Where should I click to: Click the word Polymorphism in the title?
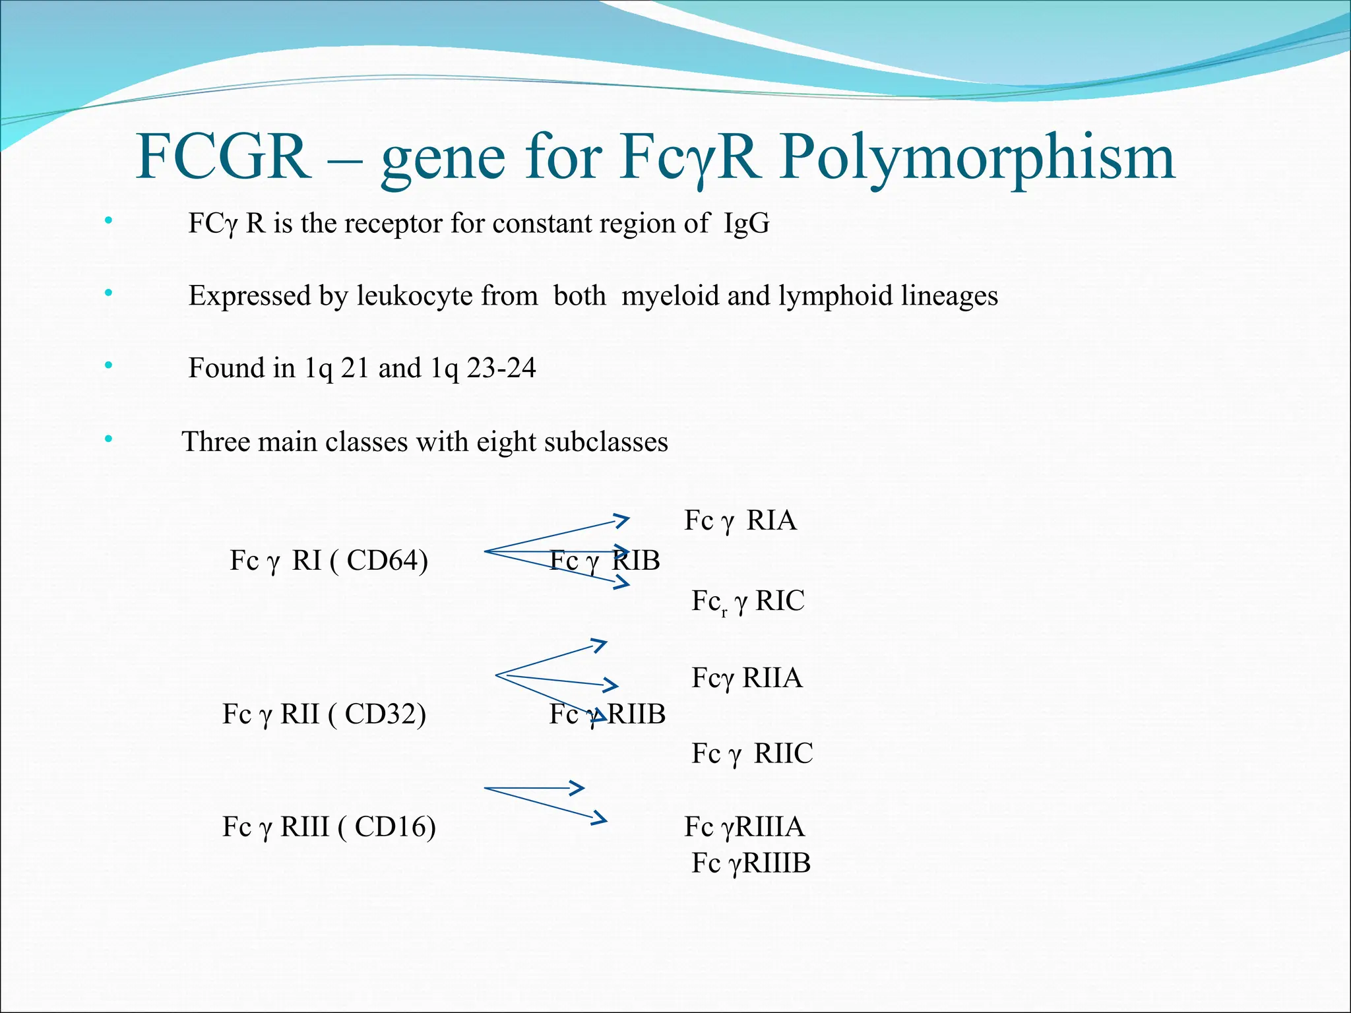[976, 158]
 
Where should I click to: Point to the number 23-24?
[501, 368]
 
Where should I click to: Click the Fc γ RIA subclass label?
[740, 521]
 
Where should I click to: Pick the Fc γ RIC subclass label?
[747, 601]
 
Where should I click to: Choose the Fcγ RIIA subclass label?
[747, 679]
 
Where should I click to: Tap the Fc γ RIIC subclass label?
[752, 754]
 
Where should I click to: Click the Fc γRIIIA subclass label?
[744, 827]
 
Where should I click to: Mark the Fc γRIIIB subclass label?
[751, 863]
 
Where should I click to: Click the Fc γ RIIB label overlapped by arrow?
[607, 714]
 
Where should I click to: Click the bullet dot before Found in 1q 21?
[108, 365]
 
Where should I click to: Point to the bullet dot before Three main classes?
[108, 438]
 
